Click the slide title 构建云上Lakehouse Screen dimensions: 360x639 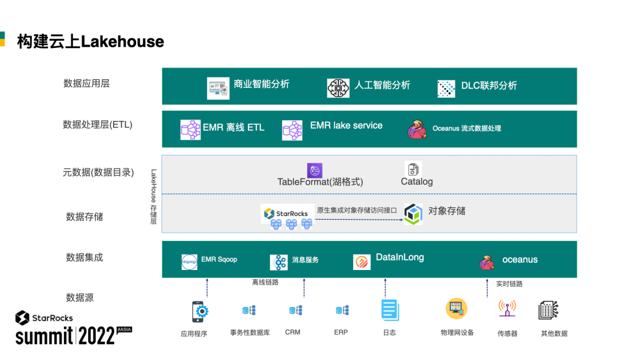click(91, 41)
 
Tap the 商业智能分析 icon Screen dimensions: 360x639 click(218, 88)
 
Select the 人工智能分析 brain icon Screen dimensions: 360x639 click(338, 88)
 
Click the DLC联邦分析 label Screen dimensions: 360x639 click(489, 86)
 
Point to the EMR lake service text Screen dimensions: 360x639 click(346, 126)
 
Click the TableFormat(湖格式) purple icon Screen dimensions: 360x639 click(315, 171)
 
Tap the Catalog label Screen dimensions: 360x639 click(417, 182)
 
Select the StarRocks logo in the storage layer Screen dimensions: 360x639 click(286, 213)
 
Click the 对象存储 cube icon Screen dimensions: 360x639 click(413, 214)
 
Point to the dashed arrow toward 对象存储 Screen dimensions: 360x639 click(359, 220)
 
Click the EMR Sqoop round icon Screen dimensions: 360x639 click(189, 262)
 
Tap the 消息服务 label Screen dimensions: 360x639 click(305, 260)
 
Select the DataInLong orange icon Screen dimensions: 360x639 click(362, 262)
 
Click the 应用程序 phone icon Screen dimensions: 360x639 click(200, 311)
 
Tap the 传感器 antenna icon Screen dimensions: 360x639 click(507, 310)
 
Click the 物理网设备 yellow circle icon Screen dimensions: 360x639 click(456, 308)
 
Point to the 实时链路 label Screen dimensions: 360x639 click(509, 284)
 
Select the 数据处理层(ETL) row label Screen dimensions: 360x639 click(98, 125)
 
